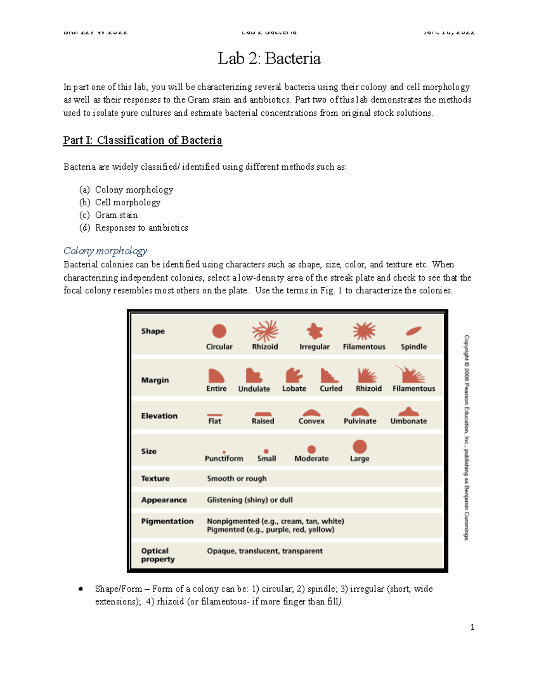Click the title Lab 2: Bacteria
[269, 59]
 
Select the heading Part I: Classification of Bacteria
[142, 140]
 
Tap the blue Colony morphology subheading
[105, 251]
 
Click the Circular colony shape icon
[219, 331]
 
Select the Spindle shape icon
[413, 331]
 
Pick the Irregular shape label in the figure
[314, 347]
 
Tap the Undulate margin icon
[254, 375]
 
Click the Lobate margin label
[294, 389]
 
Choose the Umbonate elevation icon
[408, 412]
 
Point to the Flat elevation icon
[215, 415]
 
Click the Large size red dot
[359, 447]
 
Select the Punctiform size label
[224, 459]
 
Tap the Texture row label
[155, 478]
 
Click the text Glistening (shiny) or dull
[250, 500]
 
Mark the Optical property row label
[158, 555]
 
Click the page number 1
[472, 627]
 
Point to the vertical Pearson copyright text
[467, 438]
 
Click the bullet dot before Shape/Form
[81, 589]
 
